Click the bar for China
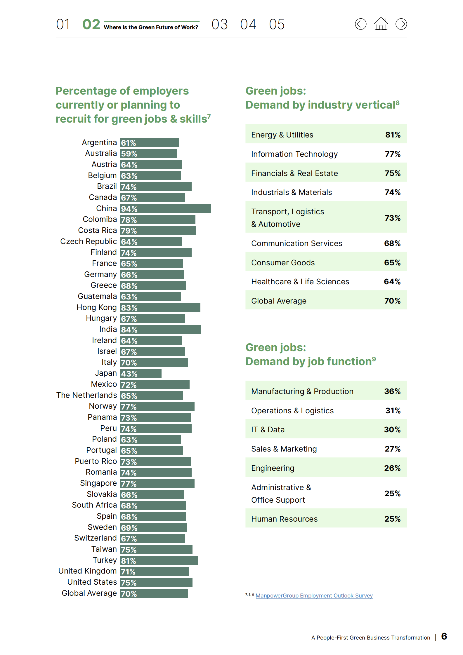[165, 209]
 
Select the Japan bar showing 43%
[141, 374]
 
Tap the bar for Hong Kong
[160, 308]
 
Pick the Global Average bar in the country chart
[154, 593]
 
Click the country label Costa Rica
[97, 231]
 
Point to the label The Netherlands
[86, 395]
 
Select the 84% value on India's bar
[129, 330]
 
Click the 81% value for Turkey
[129, 561]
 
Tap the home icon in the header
[381, 24]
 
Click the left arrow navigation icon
[360, 24]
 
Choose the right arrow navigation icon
[401, 24]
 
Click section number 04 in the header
[248, 24]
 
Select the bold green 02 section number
[91, 24]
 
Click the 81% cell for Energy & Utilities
[393, 135]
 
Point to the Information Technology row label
[294, 154]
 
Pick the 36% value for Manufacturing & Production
[392, 391]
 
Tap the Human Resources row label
[284, 519]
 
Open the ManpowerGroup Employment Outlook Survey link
[314, 596]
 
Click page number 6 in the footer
[444, 636]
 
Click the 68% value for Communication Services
[392, 243]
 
